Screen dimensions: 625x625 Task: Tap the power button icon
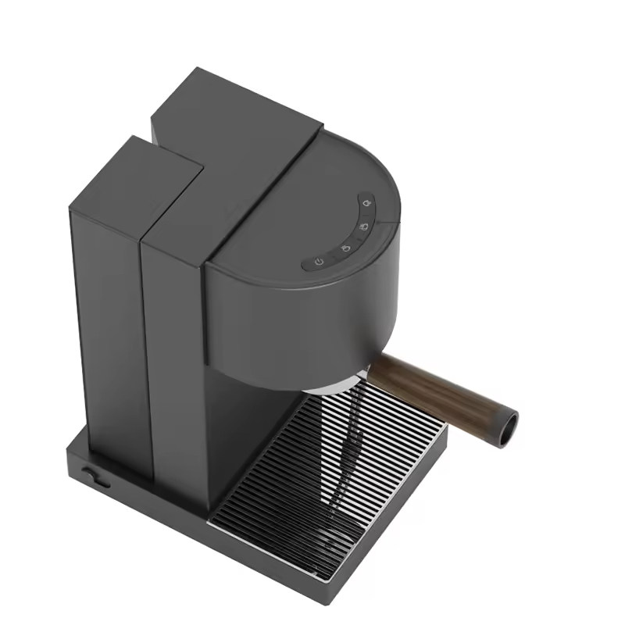319,262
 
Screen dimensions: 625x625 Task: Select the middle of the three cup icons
363,227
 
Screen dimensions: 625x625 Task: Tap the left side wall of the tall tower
109,328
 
